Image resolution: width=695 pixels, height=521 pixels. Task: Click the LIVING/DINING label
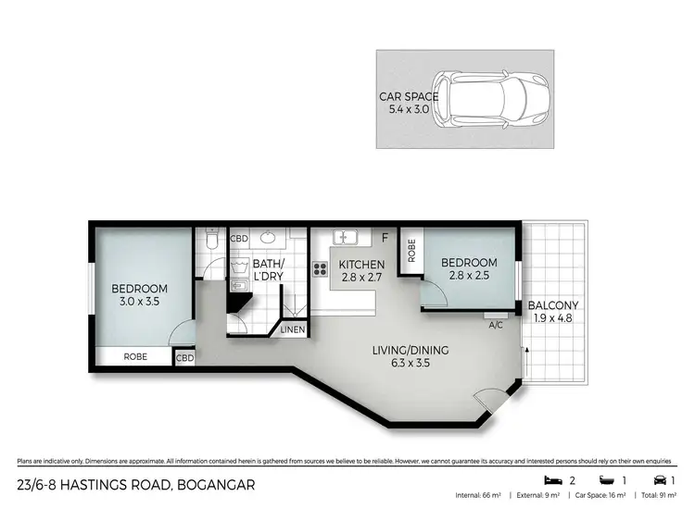coord(410,350)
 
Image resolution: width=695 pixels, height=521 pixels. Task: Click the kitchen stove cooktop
coord(321,269)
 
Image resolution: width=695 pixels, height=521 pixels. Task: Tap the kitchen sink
coord(343,236)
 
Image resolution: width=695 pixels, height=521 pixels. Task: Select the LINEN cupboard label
coord(292,329)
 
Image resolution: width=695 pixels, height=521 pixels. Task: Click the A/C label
coord(496,324)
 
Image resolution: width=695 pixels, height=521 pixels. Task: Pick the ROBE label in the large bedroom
coord(135,356)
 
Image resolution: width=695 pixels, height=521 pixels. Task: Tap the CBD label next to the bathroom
coord(239,238)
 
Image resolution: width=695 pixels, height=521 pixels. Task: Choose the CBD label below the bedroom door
coord(184,357)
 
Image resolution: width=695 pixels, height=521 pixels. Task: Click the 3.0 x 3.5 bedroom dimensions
coord(140,301)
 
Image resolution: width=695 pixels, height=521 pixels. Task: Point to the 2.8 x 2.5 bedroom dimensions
coord(468,275)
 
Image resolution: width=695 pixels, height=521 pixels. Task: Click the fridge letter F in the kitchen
coord(384,238)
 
